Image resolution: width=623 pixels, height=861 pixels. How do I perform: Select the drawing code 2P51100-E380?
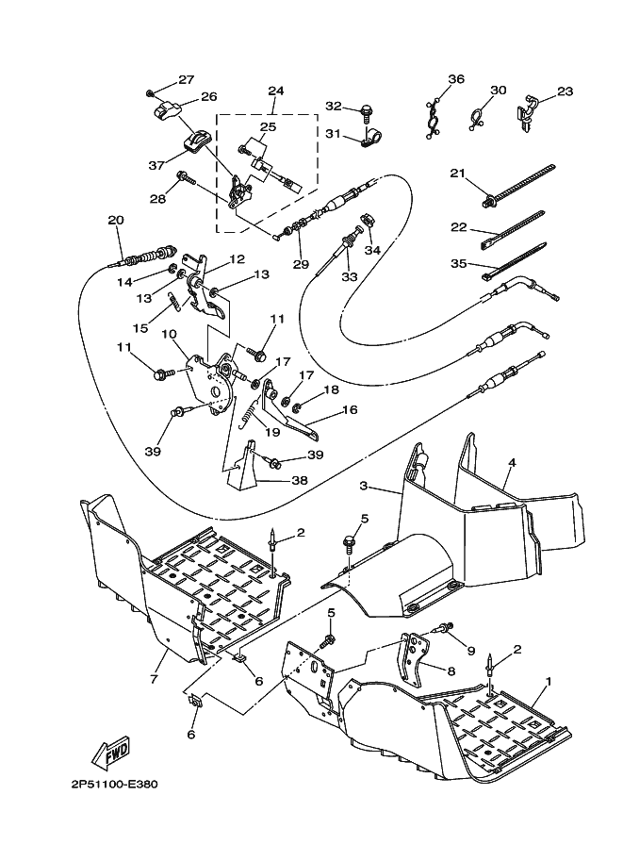[114, 784]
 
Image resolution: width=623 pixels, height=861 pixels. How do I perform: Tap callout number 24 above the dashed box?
[275, 90]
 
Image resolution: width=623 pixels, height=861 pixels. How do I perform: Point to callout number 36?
[456, 79]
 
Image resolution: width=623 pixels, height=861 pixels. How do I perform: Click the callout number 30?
[498, 90]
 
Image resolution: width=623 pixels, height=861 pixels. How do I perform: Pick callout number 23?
[565, 91]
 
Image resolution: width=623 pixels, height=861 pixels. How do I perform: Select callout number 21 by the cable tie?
[457, 174]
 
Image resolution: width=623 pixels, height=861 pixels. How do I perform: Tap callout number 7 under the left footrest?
[154, 679]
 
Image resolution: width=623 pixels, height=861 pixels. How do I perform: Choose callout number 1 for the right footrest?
[548, 682]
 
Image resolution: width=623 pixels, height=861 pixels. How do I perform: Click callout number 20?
[116, 220]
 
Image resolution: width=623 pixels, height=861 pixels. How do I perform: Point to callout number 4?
[512, 462]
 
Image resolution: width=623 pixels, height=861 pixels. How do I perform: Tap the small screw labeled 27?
[149, 93]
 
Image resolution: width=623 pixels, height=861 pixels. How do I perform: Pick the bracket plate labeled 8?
[412, 663]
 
